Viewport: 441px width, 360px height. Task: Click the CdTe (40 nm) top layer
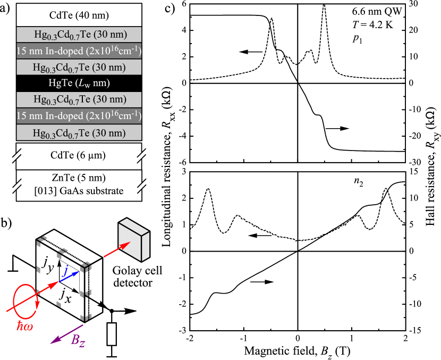click(x=79, y=15)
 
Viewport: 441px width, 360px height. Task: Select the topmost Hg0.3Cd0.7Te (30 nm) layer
click(x=79, y=35)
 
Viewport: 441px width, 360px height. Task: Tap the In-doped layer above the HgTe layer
click(x=79, y=51)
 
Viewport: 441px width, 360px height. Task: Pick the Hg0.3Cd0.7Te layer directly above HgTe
click(x=79, y=67)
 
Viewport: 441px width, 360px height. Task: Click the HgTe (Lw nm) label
click(x=79, y=83)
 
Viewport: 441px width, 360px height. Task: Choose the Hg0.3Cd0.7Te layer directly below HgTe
click(x=79, y=99)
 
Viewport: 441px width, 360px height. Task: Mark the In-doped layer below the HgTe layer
click(x=79, y=116)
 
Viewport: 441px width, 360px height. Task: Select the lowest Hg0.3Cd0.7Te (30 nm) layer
click(x=79, y=132)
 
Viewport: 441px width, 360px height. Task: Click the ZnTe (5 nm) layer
click(x=79, y=177)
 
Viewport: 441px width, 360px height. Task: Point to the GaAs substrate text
click(x=79, y=191)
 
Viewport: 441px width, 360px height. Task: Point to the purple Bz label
click(x=78, y=341)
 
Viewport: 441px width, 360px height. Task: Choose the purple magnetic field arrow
click(x=67, y=334)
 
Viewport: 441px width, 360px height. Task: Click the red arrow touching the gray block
click(x=116, y=250)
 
